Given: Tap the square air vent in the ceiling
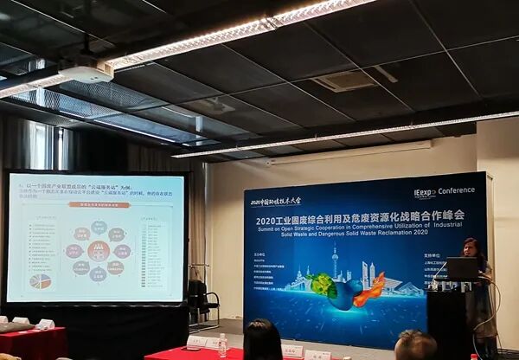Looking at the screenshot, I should (x=344, y=80).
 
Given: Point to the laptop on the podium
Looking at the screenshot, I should (x=461, y=269).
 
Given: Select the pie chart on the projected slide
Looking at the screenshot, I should (x=41, y=280).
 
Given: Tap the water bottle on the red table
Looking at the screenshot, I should (x=222, y=345).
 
